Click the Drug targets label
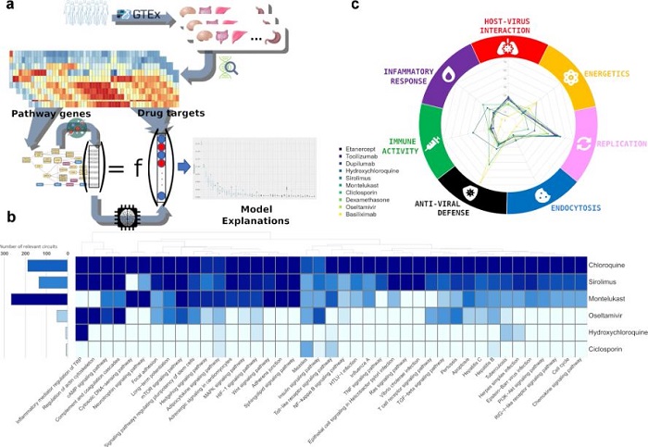[168, 113]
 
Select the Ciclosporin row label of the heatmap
[608, 349]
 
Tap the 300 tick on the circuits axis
[6, 252]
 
